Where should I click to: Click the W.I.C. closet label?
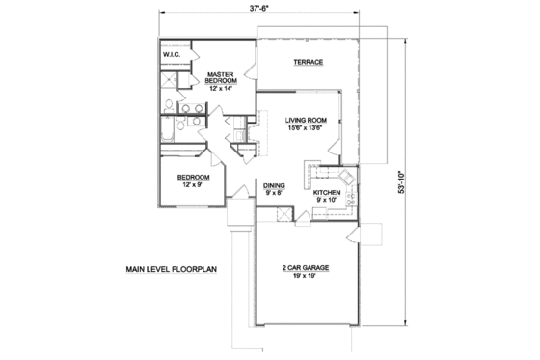pos(172,56)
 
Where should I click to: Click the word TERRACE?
pos(309,63)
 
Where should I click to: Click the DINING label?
pos(273,185)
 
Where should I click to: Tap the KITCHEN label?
pos(328,192)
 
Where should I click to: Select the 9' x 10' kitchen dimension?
pos(328,201)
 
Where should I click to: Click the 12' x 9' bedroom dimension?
pos(188,185)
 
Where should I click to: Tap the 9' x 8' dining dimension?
pos(273,194)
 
